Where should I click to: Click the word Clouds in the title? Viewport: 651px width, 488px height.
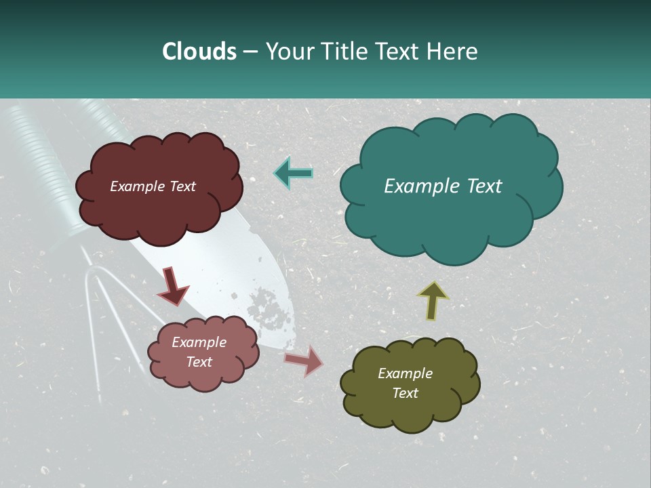pyautogui.click(x=199, y=52)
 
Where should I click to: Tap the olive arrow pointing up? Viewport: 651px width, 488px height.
pyautogui.click(x=433, y=300)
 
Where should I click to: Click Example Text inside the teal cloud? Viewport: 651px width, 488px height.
pyautogui.click(x=443, y=186)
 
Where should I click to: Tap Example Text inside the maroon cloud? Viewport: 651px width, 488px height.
pyautogui.click(x=153, y=186)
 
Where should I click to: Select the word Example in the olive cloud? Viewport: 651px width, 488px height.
pyautogui.click(x=405, y=373)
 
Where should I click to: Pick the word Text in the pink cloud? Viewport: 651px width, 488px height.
pyautogui.click(x=199, y=362)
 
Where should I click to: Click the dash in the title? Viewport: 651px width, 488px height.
pyautogui.click(x=250, y=52)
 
